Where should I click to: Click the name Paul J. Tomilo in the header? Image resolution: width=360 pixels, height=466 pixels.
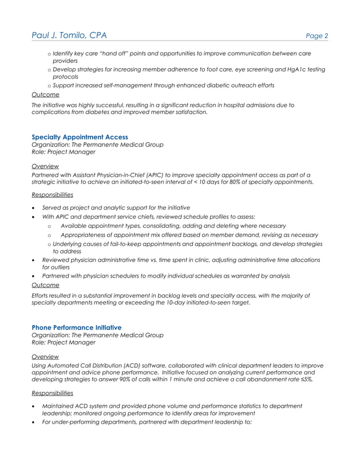coord(59,36)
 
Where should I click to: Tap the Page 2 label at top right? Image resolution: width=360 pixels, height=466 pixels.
coord(317,36)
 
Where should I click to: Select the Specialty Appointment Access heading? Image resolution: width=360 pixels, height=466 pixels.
coord(80,137)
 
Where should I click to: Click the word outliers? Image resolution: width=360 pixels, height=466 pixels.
coord(56,267)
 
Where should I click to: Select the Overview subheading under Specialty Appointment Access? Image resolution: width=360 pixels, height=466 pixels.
coord(45,166)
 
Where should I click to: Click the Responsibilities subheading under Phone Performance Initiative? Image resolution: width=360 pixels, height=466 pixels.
coord(52,393)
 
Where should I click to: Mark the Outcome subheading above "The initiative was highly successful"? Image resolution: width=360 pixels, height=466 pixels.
coord(45,95)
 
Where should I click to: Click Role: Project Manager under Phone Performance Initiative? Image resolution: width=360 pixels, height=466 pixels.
coord(64,342)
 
